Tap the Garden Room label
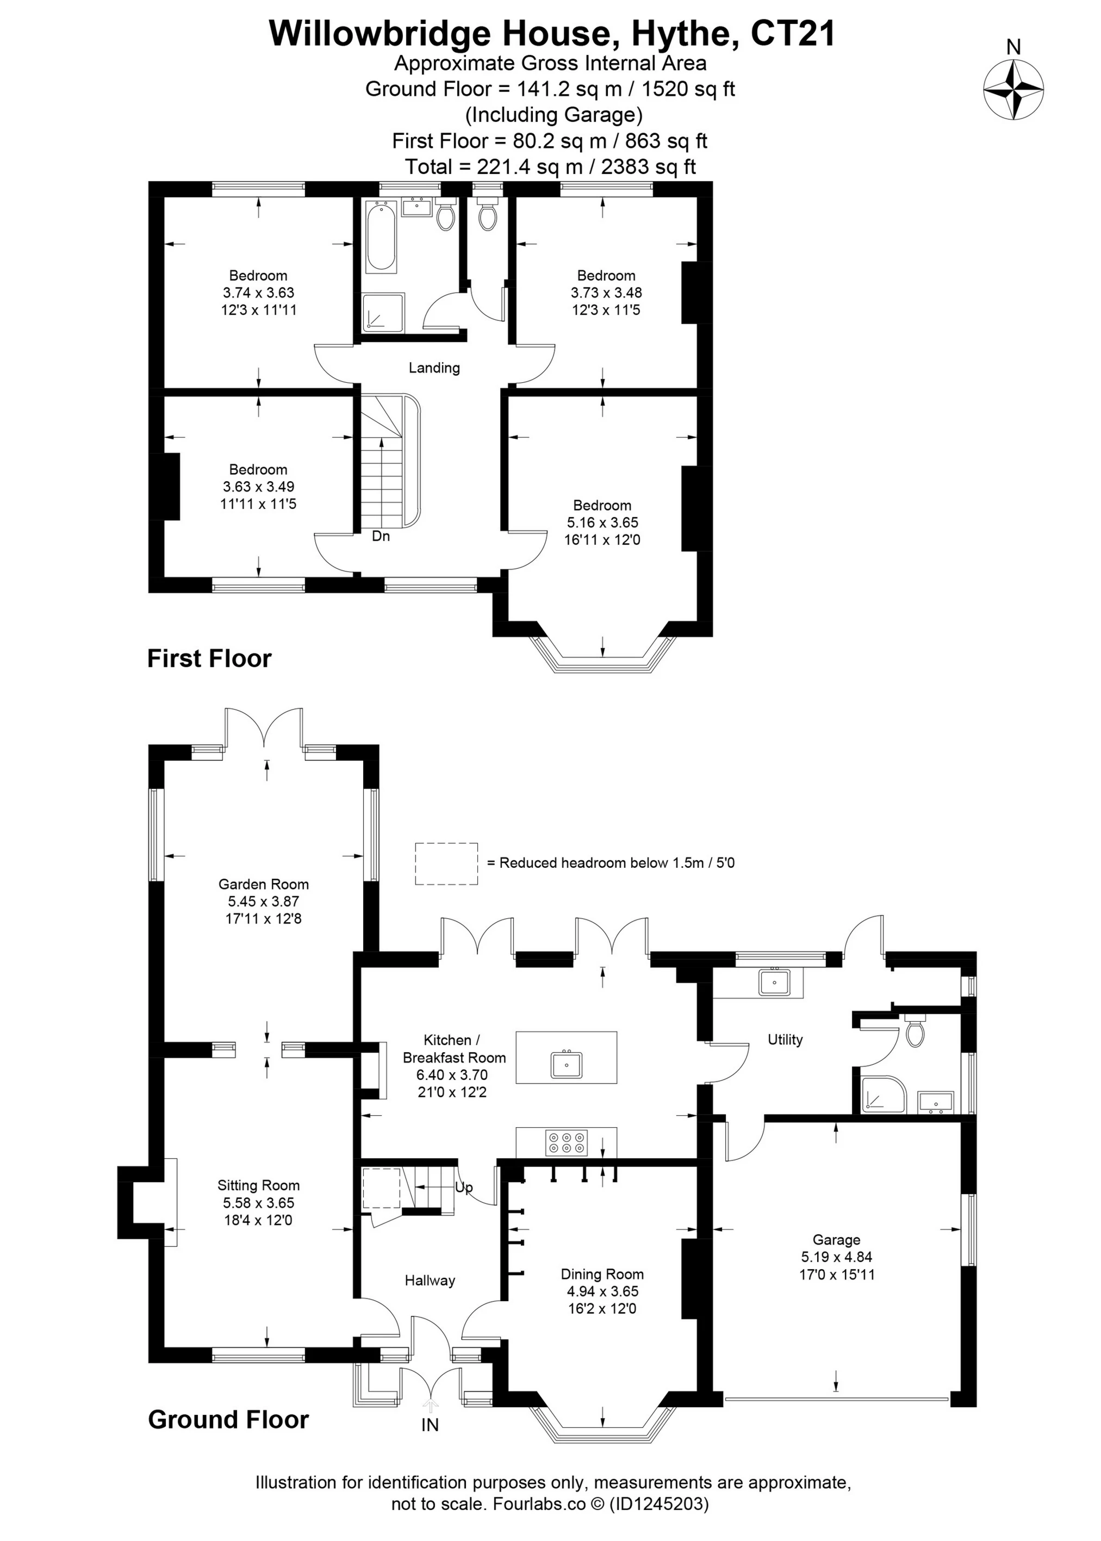263,884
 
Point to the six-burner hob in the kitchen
567,1142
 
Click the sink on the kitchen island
566,1064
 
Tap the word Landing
434,368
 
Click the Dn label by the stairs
381,536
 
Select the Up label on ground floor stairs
464,1187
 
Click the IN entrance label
430,1425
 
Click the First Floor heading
209,658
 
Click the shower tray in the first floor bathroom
383,313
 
